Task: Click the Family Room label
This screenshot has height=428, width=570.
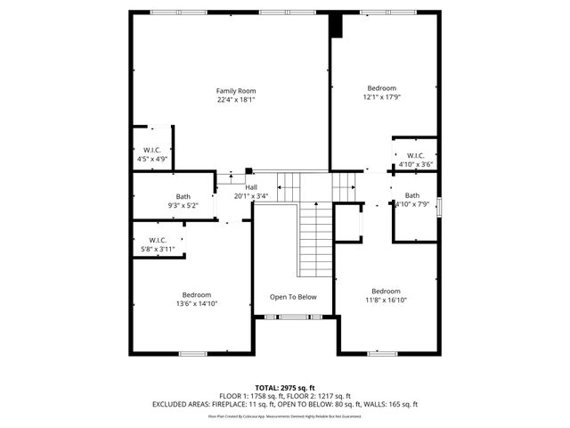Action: point(236,91)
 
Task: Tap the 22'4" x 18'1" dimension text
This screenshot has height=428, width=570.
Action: point(236,100)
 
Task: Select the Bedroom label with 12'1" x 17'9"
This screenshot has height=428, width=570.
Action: point(382,88)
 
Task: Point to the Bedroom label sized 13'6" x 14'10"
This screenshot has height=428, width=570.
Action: point(197,295)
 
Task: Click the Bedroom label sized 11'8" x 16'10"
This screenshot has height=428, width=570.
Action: point(386,292)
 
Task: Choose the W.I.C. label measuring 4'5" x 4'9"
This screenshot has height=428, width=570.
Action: point(152,150)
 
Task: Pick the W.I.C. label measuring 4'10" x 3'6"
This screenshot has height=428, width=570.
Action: point(415,155)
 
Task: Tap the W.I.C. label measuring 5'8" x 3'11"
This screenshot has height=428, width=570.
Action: point(158,240)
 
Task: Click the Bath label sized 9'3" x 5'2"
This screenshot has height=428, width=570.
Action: point(183,196)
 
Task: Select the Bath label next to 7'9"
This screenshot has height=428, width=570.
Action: point(412,195)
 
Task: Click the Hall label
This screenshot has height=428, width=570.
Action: point(251,187)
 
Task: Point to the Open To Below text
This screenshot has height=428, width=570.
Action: point(293,297)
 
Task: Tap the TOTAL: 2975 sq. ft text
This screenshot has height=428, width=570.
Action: point(285,388)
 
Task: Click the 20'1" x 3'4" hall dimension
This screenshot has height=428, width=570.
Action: point(252,196)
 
